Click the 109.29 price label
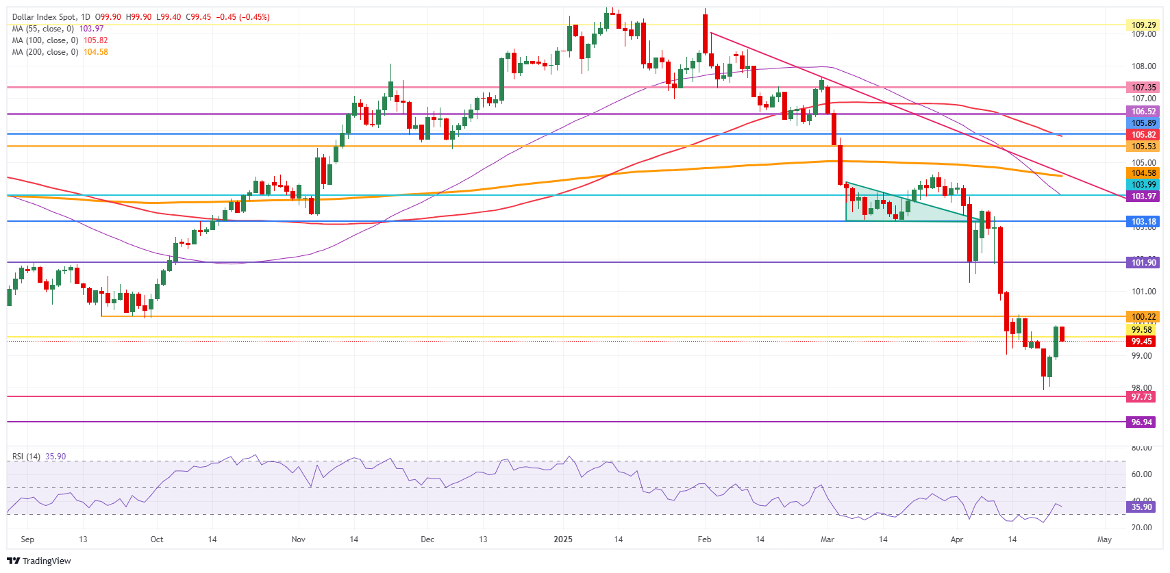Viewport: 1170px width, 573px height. coord(1143,25)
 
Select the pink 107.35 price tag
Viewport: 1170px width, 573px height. coord(1143,88)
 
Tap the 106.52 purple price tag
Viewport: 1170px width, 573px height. coord(1143,112)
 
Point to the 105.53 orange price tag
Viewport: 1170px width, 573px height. coord(1143,147)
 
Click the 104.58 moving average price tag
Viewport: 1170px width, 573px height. coord(1143,173)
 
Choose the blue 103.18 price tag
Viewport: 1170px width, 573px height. coord(1143,222)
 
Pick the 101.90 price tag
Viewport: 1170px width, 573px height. coord(1143,263)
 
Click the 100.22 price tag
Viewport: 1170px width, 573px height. coord(1143,317)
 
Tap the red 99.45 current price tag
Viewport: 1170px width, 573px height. coord(1141,342)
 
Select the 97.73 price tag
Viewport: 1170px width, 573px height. coord(1141,397)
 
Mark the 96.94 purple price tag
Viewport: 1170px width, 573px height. coord(1141,422)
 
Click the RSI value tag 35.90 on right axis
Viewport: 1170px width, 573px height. coord(1141,507)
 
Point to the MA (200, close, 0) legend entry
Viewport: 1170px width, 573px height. coord(60,52)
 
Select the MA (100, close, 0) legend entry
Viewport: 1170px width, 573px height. coord(60,40)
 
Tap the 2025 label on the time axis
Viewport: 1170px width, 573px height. coord(562,539)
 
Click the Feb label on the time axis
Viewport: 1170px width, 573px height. coord(704,539)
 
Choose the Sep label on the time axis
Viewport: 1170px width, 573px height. coord(27,539)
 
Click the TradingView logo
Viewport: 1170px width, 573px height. coord(40,561)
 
